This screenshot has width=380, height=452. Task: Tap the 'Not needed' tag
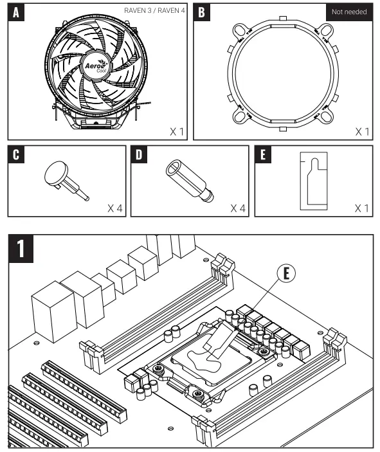(x=349, y=12)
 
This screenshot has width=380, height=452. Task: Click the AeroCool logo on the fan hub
(x=96, y=67)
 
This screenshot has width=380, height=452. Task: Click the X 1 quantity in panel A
(x=177, y=131)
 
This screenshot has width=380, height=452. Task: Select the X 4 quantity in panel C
(x=115, y=209)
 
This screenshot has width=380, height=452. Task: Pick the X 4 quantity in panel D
(x=239, y=209)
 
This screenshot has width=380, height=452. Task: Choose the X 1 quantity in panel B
(x=362, y=131)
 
